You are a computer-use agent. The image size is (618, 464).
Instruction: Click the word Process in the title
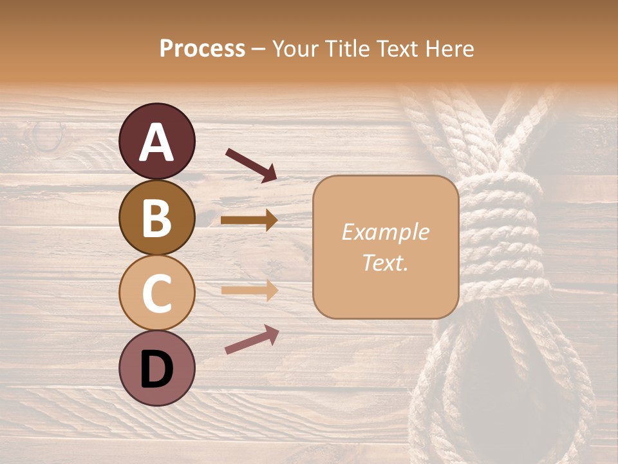(202, 49)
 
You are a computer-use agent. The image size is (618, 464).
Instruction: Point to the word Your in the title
(294, 49)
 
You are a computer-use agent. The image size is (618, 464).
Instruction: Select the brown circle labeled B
(156, 218)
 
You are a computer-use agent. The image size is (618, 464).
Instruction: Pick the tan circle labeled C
(156, 293)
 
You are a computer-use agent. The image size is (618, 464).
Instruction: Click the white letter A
(156, 142)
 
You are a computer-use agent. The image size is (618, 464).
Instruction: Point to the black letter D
(156, 370)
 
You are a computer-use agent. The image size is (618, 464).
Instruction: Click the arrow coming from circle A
(251, 164)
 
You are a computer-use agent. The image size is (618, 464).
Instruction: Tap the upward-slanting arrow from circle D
(252, 340)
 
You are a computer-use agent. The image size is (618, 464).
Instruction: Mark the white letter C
(156, 293)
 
